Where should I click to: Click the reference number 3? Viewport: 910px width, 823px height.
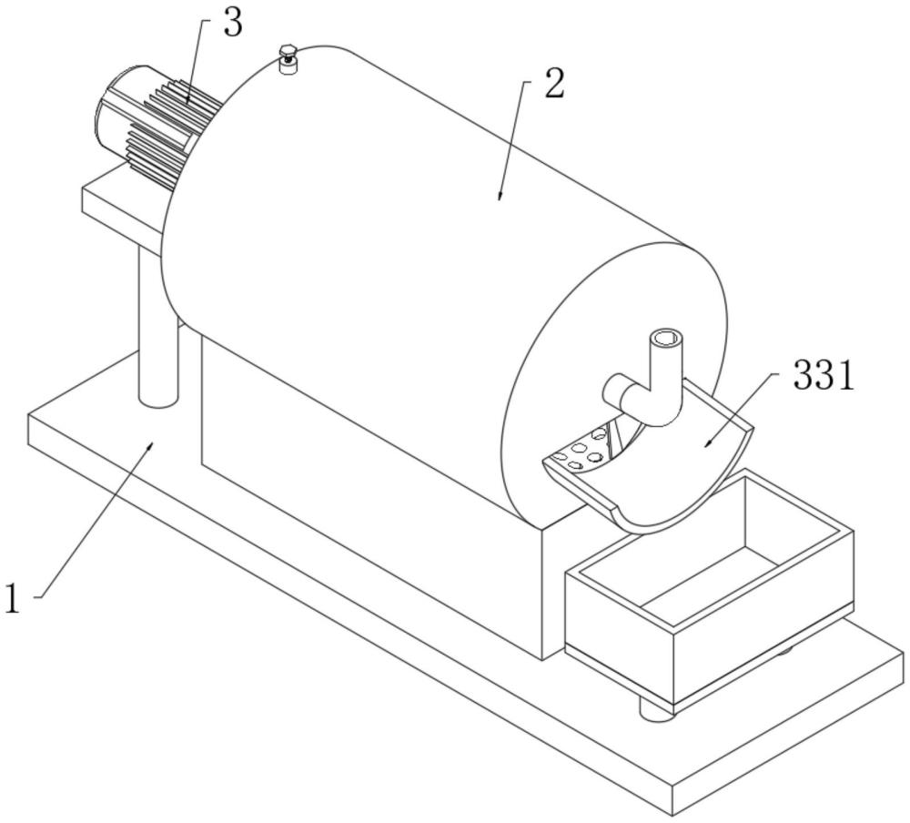click(233, 25)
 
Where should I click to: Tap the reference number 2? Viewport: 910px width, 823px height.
click(553, 85)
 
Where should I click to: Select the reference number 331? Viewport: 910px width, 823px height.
click(824, 376)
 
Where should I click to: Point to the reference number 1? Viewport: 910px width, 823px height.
click(12, 598)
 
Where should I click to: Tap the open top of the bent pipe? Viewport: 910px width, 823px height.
click(666, 339)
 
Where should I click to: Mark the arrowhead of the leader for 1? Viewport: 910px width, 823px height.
click(150, 446)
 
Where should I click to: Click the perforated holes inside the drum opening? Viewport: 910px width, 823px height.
click(581, 449)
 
